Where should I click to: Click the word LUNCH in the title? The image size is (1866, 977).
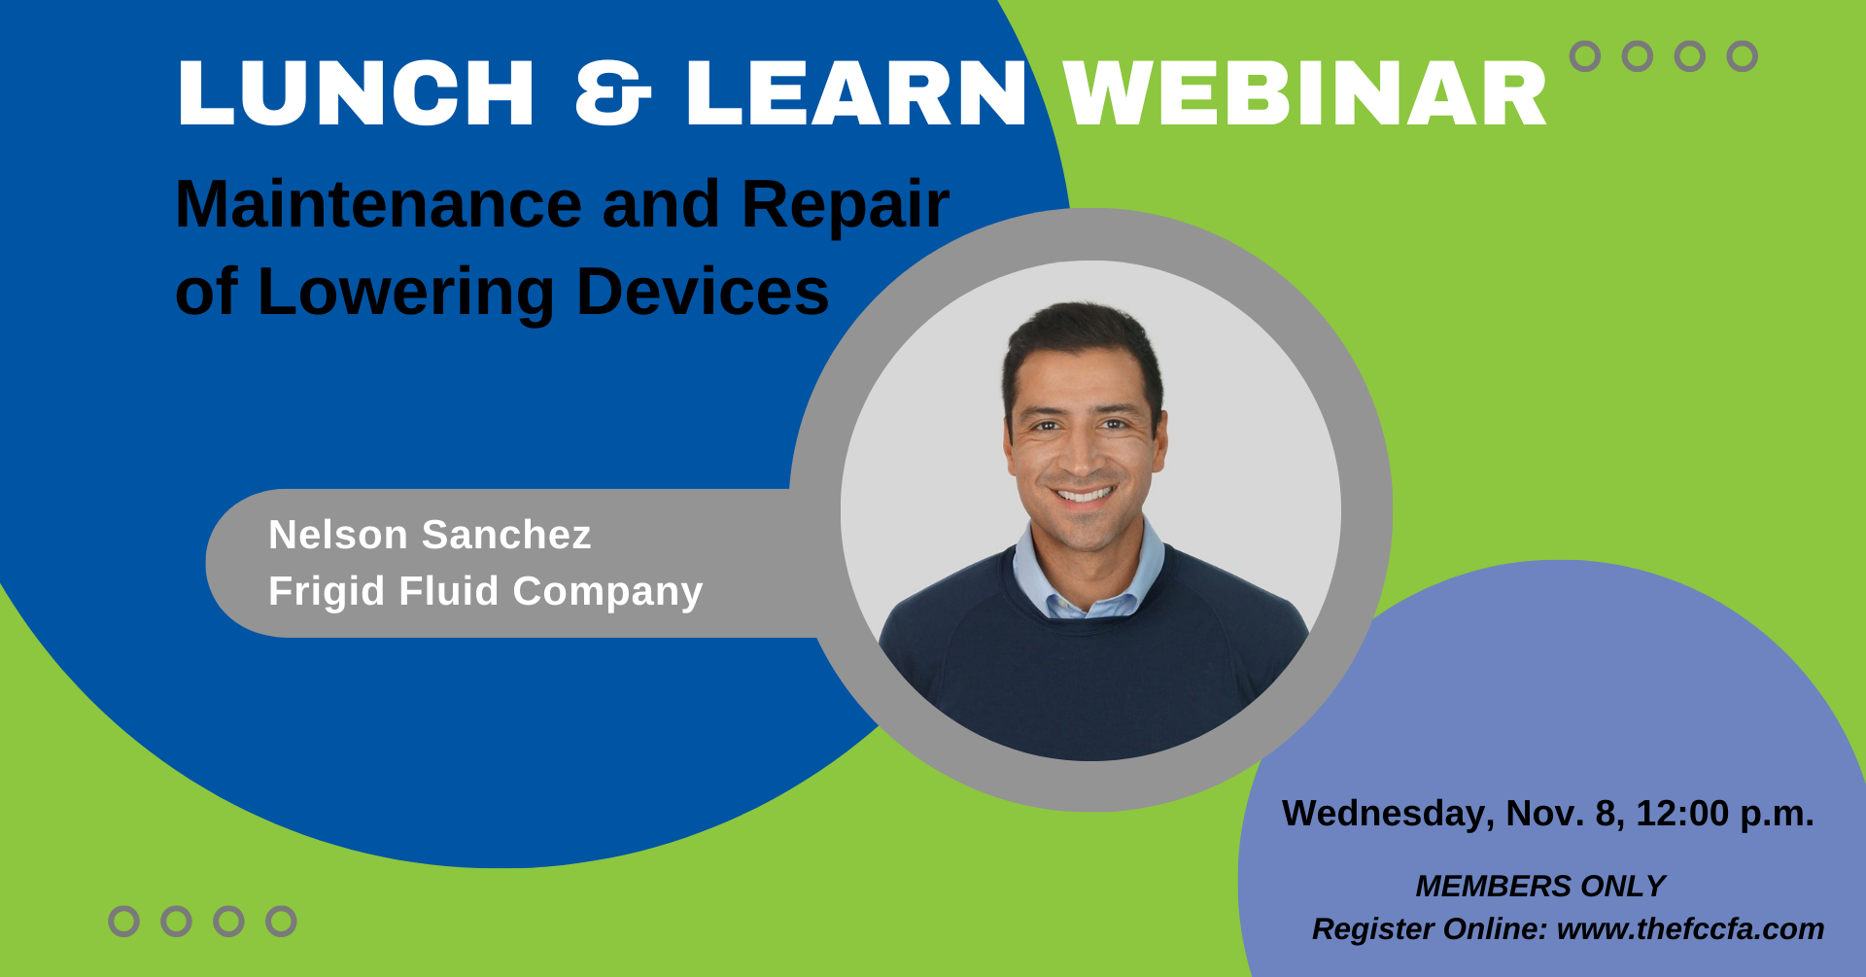pos(356,93)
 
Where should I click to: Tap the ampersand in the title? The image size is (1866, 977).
pos(612,93)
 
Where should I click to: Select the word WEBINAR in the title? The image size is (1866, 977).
pos(1304,93)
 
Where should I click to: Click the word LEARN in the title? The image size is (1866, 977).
pos(856,93)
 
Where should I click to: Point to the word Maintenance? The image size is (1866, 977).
pos(379,204)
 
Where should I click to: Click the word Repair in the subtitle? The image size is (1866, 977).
pos(846,206)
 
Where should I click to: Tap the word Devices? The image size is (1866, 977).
pos(703,292)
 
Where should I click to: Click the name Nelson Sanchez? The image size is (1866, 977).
pos(430,535)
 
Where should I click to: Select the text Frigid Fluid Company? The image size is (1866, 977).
pos(485,592)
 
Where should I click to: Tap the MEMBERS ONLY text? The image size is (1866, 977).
pos(1540,886)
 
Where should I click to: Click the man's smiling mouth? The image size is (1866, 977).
pos(1083,493)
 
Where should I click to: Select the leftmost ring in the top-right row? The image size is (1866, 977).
pos(1585,56)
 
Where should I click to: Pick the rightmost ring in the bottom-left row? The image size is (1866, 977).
pos(281,922)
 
